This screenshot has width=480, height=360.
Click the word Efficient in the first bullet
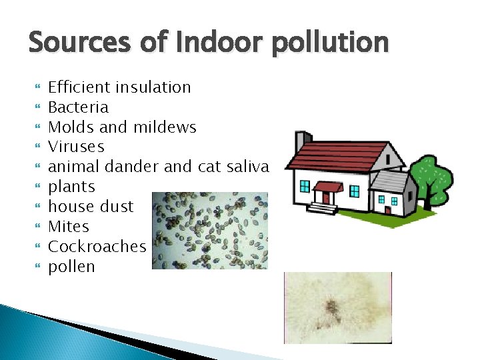pyautogui.click(x=79, y=87)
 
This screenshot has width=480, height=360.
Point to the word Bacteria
pyautogui.click(x=79, y=107)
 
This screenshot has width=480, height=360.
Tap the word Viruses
pyautogui.click(x=77, y=147)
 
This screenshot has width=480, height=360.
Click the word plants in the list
pyautogui.click(x=72, y=187)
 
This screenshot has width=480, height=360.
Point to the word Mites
pyautogui.click(x=69, y=227)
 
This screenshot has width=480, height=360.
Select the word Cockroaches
pyautogui.click(x=97, y=247)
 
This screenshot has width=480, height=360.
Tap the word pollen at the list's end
pyautogui.click(x=72, y=267)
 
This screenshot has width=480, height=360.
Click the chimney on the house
pyautogui.click(x=302, y=141)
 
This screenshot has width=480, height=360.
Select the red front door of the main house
pyautogui.click(x=327, y=197)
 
